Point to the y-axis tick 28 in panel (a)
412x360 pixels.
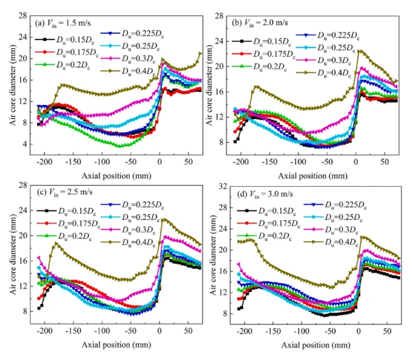(x=24, y=15)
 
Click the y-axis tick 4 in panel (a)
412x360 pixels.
(x=26, y=144)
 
